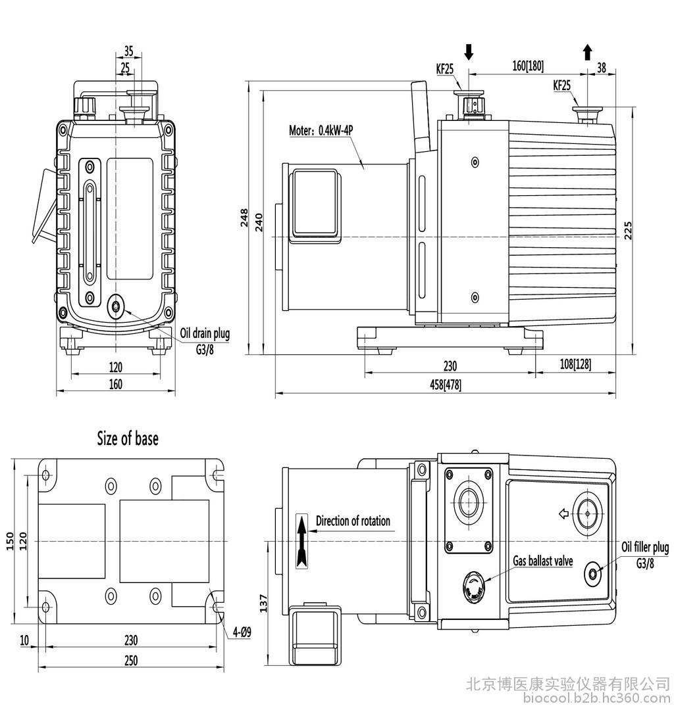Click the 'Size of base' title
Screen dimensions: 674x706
(x=128, y=438)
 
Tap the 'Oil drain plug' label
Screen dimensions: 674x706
(x=205, y=333)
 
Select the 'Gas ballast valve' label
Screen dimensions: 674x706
(x=543, y=561)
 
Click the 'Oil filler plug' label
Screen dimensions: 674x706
(x=645, y=547)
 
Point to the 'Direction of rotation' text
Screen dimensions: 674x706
(x=353, y=521)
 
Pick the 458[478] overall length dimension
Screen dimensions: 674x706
(x=446, y=385)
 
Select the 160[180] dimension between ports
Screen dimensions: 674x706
(x=528, y=66)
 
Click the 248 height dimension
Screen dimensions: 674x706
(x=244, y=217)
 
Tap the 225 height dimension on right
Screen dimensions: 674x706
(x=628, y=231)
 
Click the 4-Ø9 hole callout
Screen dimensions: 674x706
(x=242, y=632)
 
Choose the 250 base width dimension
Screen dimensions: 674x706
(x=131, y=661)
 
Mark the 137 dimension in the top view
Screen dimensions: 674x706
(x=264, y=603)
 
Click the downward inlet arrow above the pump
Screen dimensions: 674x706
(x=469, y=52)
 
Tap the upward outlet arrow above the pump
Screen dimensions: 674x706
(x=587, y=52)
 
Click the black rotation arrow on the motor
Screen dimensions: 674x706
(x=302, y=541)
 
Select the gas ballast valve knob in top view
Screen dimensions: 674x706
(x=473, y=585)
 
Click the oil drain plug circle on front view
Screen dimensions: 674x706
(x=117, y=306)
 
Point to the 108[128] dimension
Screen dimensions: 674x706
(x=575, y=364)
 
